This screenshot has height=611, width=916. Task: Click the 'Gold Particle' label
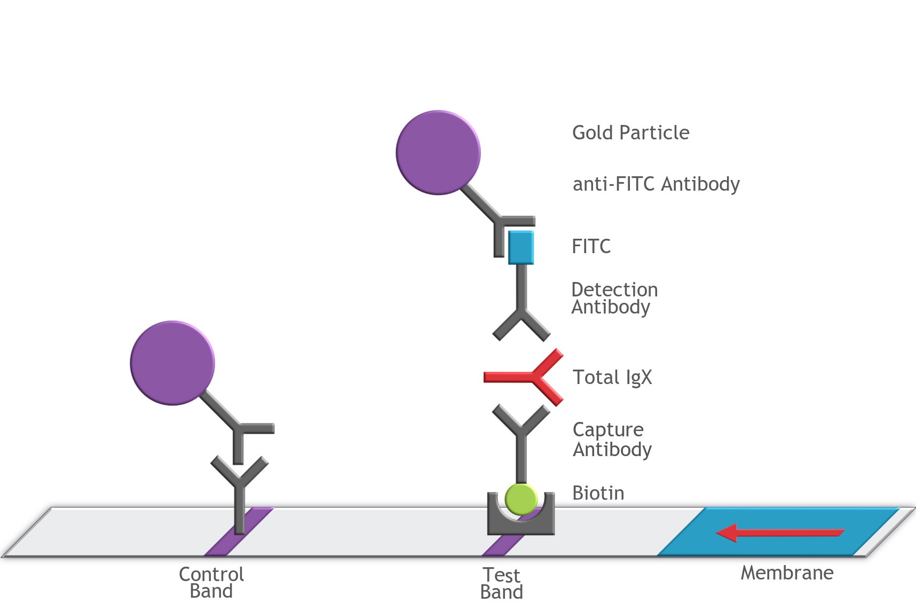click(x=630, y=132)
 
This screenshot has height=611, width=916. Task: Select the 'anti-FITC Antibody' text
click(x=656, y=184)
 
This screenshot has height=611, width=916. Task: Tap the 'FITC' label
click(x=591, y=246)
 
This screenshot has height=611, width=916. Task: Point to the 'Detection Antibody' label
click(x=614, y=298)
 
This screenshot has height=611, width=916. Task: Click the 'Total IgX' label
click(x=612, y=377)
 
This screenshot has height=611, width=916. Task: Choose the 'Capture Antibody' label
click(x=612, y=440)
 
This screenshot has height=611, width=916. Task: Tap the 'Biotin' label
click(x=598, y=493)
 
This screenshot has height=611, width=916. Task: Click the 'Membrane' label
click(x=786, y=573)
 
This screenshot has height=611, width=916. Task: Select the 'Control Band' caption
click(x=211, y=583)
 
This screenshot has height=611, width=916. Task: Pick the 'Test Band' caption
click(x=501, y=584)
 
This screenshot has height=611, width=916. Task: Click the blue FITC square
click(x=520, y=248)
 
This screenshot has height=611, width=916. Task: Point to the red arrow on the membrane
click(x=779, y=532)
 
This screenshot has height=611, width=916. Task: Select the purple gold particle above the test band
click(x=438, y=153)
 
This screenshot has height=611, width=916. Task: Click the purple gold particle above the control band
click(x=172, y=363)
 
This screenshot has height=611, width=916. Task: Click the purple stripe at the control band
click(x=222, y=545)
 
